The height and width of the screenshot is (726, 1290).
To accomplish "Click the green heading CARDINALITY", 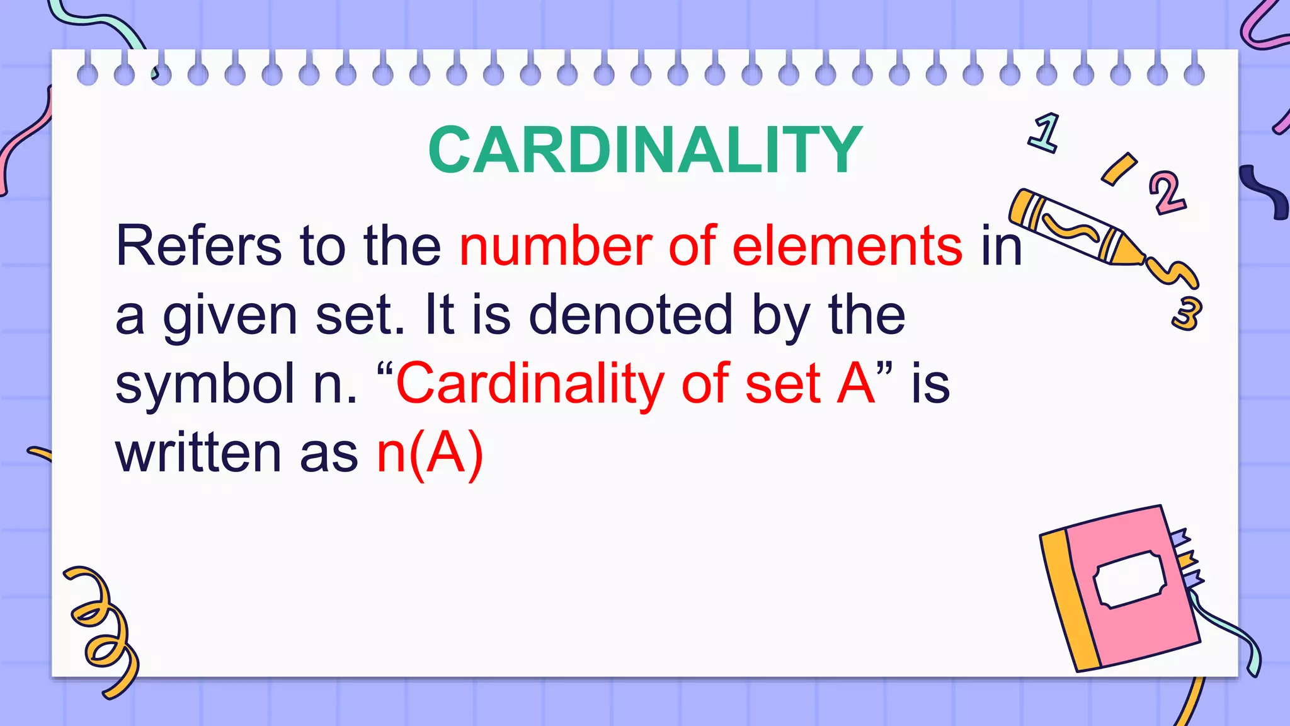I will tap(645, 150).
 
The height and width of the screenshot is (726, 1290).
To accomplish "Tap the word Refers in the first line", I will tap(198, 246).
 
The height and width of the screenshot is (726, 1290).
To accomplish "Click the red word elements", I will tap(847, 246).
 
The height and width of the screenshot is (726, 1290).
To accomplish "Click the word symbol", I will tap(205, 384).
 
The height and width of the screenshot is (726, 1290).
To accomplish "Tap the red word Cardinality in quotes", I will tap(530, 384).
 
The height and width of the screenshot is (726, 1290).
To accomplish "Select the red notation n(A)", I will tap(430, 454).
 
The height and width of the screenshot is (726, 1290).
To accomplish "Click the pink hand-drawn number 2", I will tap(1167, 192).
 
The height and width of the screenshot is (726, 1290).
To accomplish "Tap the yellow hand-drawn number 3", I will tap(1187, 313).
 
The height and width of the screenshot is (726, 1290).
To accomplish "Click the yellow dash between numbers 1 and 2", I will tap(1119, 169).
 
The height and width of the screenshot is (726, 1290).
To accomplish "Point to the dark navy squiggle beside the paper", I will tap(1266, 192).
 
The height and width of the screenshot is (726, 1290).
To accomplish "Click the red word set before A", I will tap(783, 384).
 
